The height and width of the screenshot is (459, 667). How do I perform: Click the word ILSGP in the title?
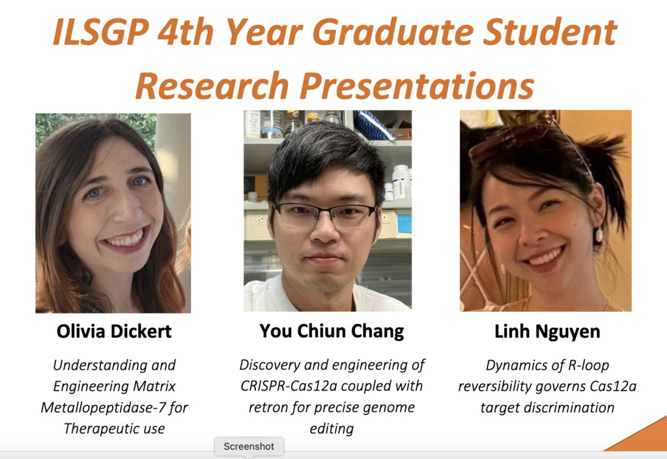[101, 31]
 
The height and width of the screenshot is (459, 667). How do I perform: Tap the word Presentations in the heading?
[417, 85]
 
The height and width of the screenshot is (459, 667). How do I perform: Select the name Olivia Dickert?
[114, 331]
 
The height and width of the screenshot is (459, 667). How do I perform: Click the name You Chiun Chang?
[332, 331]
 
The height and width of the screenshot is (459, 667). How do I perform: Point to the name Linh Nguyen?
[547, 331]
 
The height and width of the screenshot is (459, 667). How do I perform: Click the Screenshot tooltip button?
[249, 446]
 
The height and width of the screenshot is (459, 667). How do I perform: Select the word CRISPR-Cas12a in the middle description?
[289, 386]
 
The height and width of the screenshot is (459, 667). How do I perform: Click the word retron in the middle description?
[268, 407]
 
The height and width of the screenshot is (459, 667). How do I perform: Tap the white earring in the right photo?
[599, 235]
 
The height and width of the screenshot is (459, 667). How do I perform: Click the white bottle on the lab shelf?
[401, 182]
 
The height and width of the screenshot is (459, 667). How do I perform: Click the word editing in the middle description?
[332, 429]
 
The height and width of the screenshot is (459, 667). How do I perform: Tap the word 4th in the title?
[186, 32]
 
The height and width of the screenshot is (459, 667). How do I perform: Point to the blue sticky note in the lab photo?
[404, 224]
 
